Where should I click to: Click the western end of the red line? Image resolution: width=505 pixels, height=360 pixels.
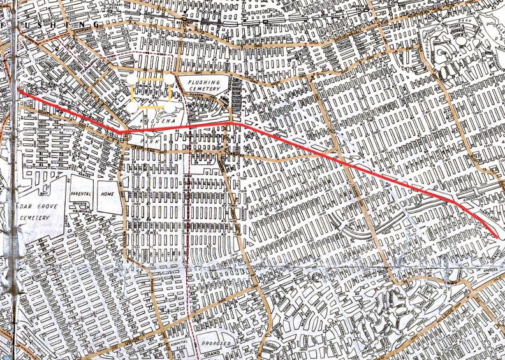(18, 90)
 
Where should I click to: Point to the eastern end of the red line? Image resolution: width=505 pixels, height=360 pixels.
(497, 237)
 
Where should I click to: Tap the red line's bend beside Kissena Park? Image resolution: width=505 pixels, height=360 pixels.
(119, 132)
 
